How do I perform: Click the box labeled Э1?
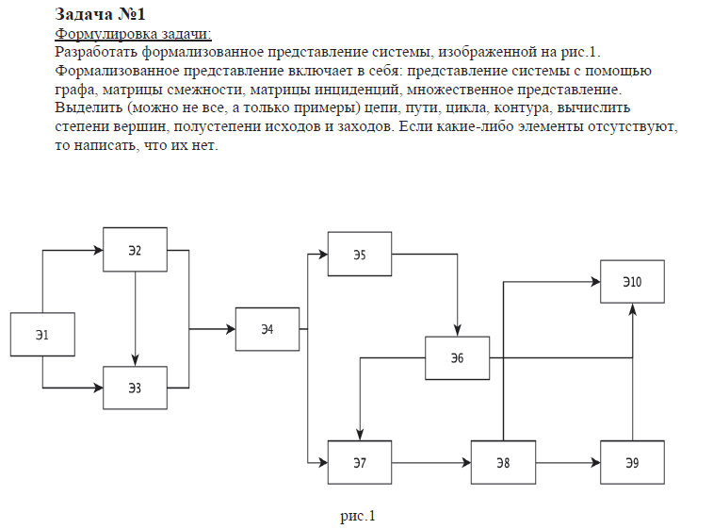42,335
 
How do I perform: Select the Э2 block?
135,250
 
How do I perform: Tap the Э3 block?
135,388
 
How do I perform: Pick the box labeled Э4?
267,329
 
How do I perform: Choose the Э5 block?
359,255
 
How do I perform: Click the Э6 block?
457,358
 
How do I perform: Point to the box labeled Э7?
359,462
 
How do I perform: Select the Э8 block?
503,462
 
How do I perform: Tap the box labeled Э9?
632,462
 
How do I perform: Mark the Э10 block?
632,282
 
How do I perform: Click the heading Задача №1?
101,14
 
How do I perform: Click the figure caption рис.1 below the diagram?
358,516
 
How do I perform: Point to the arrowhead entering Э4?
230,329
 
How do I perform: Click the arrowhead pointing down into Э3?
136,361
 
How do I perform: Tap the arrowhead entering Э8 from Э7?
465,463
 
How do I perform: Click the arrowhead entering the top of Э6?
457,331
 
